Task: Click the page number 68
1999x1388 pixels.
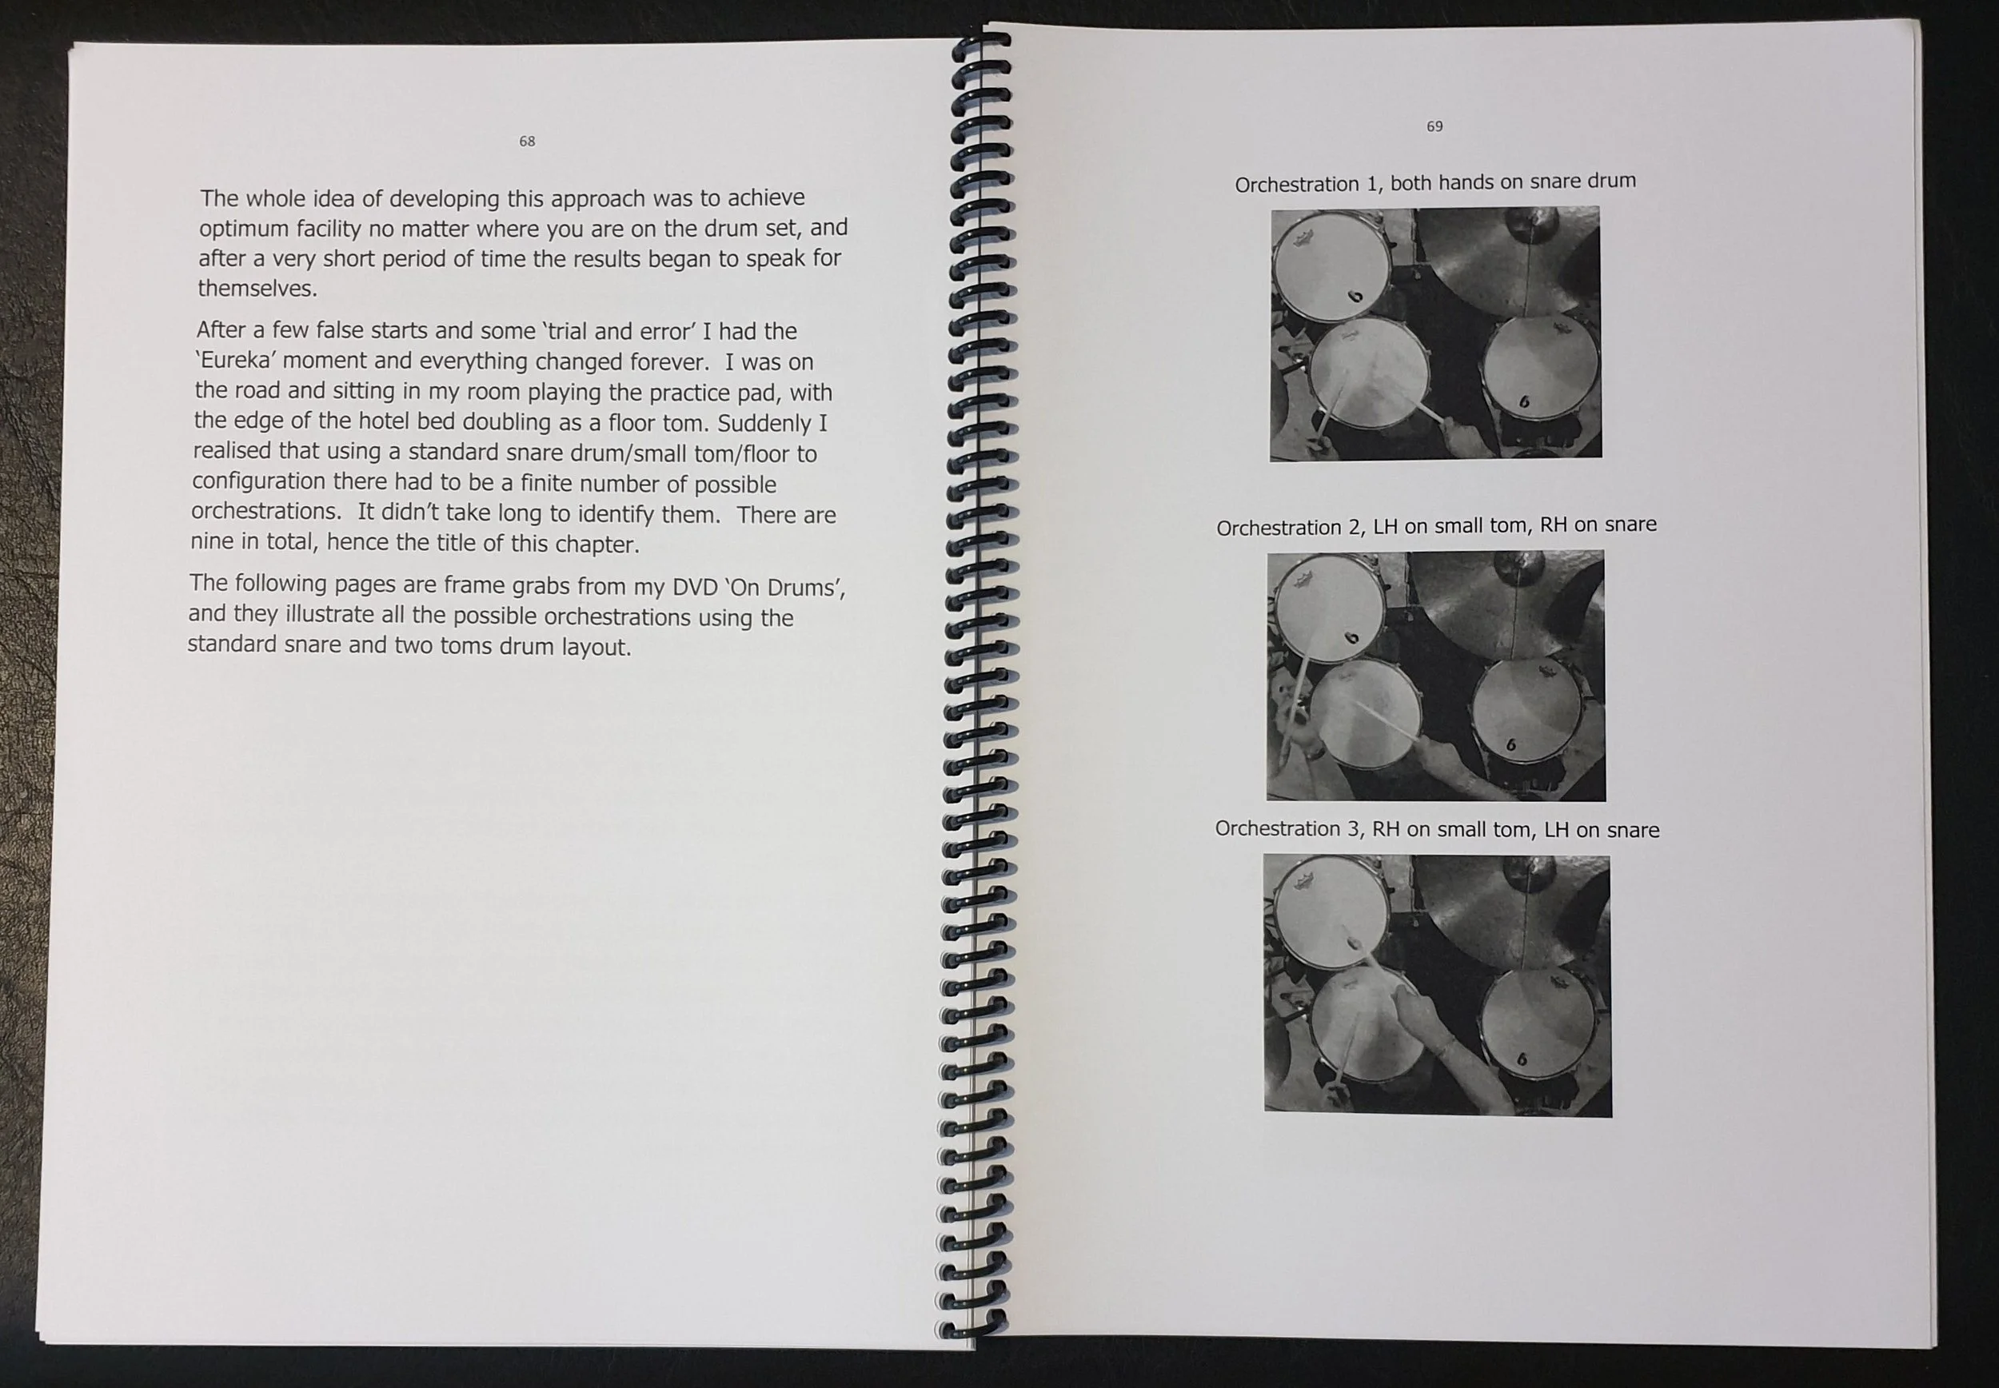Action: pyautogui.click(x=527, y=141)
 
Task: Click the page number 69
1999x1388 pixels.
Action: pyautogui.click(x=1434, y=126)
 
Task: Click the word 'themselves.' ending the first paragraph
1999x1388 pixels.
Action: pyautogui.click(x=257, y=289)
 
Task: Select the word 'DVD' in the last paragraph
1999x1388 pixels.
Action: pyautogui.click(x=695, y=587)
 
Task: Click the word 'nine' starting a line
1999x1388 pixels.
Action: pyautogui.click(x=212, y=542)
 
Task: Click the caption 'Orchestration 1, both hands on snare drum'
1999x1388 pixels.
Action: pyautogui.click(x=1434, y=182)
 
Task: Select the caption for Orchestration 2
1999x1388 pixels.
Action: pyautogui.click(x=1435, y=526)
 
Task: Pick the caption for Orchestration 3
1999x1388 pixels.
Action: pyautogui.click(x=1436, y=829)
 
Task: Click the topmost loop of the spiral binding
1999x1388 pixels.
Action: pyautogui.click(x=983, y=40)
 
